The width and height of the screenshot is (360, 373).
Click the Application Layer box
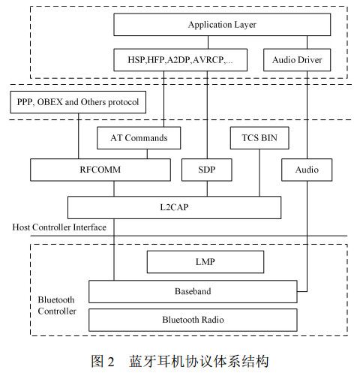point(221,25)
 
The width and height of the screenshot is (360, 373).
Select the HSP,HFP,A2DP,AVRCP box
point(181,59)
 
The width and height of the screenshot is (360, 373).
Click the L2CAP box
point(174,206)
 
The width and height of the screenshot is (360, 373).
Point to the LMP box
point(205,262)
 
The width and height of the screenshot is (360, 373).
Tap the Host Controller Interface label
point(59,227)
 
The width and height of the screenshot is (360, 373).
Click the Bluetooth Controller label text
point(57,305)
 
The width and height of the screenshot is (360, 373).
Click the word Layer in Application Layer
point(243,25)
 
